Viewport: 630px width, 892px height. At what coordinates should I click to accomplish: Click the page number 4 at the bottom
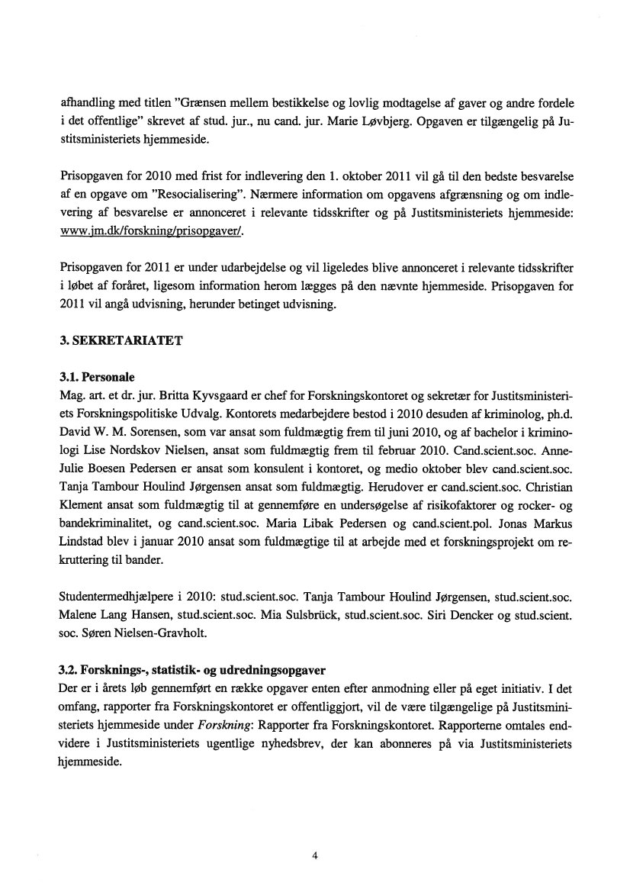315,855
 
